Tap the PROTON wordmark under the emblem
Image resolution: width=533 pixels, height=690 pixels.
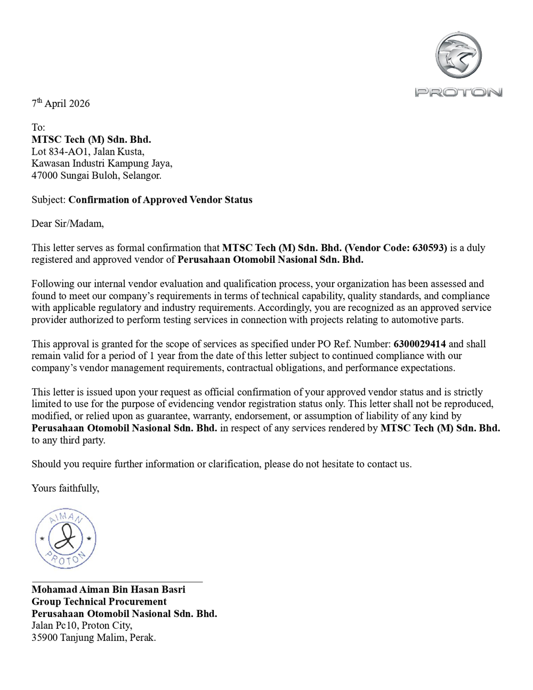pyautogui.click(x=458, y=92)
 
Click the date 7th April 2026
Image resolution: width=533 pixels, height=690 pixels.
pyautogui.click(x=61, y=103)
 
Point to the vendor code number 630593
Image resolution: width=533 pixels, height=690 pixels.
pyautogui.click(x=430, y=247)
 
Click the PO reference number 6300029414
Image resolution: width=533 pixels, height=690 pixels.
pyautogui.click(x=419, y=344)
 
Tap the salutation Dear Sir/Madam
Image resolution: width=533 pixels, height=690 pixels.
pyautogui.click(x=68, y=223)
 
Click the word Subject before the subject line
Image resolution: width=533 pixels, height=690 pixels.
pyautogui.click(x=48, y=200)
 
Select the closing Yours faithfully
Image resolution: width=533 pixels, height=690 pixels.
pyautogui.click(x=65, y=488)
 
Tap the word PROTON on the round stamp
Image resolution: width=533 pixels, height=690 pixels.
pyautogui.click(x=66, y=558)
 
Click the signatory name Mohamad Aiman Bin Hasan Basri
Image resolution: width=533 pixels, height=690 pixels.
pyautogui.click(x=108, y=589)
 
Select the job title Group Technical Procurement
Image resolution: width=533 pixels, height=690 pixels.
pyautogui.click(x=99, y=601)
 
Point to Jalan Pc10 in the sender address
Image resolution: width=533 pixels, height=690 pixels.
pyautogui.click(x=55, y=625)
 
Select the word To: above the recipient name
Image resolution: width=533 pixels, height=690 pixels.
pyautogui.click(x=38, y=127)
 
